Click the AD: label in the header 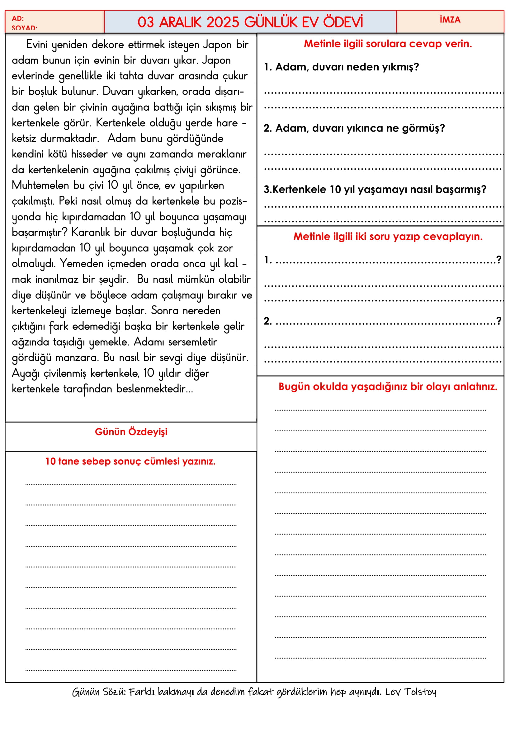[x=18, y=18]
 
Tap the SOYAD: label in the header [x=24, y=28]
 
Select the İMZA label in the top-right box [x=450, y=20]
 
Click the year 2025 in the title [x=222, y=22]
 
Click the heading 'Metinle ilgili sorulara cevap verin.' [x=388, y=44]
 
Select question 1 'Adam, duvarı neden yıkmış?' [x=341, y=67]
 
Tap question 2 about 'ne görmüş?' [x=354, y=128]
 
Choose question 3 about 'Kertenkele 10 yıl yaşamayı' [x=375, y=189]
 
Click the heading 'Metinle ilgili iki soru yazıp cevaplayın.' [x=388, y=237]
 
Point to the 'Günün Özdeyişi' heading [x=131, y=432]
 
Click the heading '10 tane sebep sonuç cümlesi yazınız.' [x=130, y=461]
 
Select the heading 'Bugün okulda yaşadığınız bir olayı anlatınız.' [x=388, y=387]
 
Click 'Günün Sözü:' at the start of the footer [x=99, y=692]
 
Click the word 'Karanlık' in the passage [x=90, y=233]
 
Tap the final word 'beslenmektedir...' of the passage [x=154, y=389]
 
